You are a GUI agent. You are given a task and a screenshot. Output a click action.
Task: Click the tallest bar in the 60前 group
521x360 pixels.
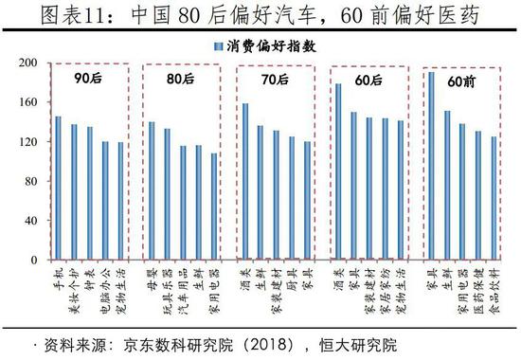pyautogui.click(x=431, y=166)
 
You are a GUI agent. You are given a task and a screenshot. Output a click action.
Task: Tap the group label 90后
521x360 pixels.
pyautogui.click(x=88, y=80)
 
